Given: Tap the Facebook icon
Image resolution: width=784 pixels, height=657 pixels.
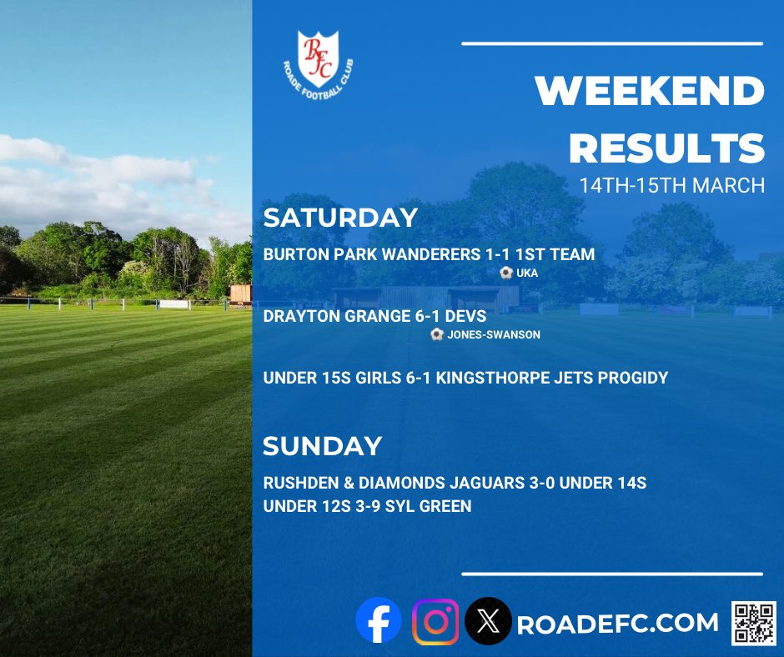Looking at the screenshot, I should click(378, 621).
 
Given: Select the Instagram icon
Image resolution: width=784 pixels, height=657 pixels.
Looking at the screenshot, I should click(435, 621).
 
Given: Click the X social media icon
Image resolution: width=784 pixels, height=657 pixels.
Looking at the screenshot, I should click(488, 621).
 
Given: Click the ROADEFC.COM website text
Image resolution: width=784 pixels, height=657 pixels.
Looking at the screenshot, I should click(617, 623).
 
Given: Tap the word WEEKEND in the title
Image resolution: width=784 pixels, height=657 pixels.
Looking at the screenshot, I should click(650, 93).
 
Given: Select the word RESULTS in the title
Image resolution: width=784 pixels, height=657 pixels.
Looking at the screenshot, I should click(666, 148).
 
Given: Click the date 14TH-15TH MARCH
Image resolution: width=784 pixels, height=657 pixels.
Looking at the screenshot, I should click(672, 185).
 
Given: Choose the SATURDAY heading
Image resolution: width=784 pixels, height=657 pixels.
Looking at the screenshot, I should click(340, 218).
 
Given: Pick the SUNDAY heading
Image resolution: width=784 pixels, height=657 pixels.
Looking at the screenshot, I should click(322, 446).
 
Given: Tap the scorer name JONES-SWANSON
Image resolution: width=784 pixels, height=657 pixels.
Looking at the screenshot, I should click(495, 334).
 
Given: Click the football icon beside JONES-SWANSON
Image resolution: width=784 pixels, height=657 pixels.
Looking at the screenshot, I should click(437, 334).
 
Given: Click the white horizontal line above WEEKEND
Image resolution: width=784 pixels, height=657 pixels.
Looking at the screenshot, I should click(611, 43).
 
